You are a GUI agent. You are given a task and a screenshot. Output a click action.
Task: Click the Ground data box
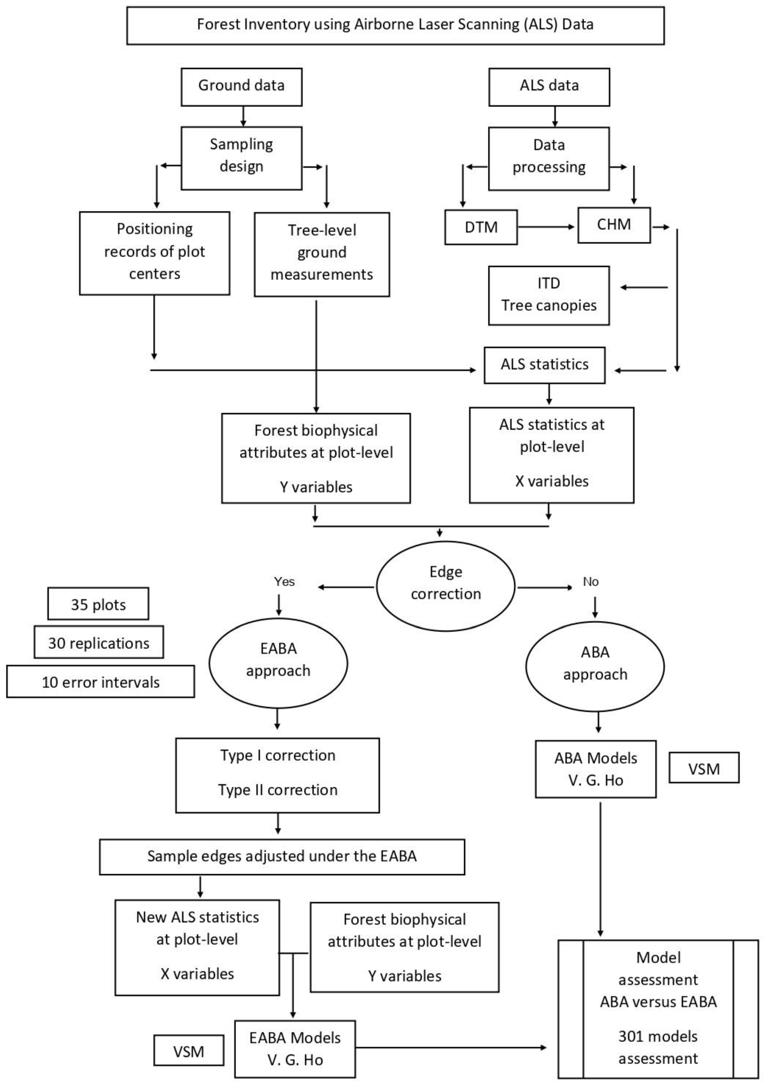tap(241, 87)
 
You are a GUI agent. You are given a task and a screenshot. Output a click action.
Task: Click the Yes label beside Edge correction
tap(284, 581)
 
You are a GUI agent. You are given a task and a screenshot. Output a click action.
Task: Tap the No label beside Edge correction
tap(590, 581)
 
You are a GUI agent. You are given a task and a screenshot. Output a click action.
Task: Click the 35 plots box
tap(98, 604)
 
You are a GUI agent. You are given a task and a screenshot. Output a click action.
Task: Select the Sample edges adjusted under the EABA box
tap(282, 856)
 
